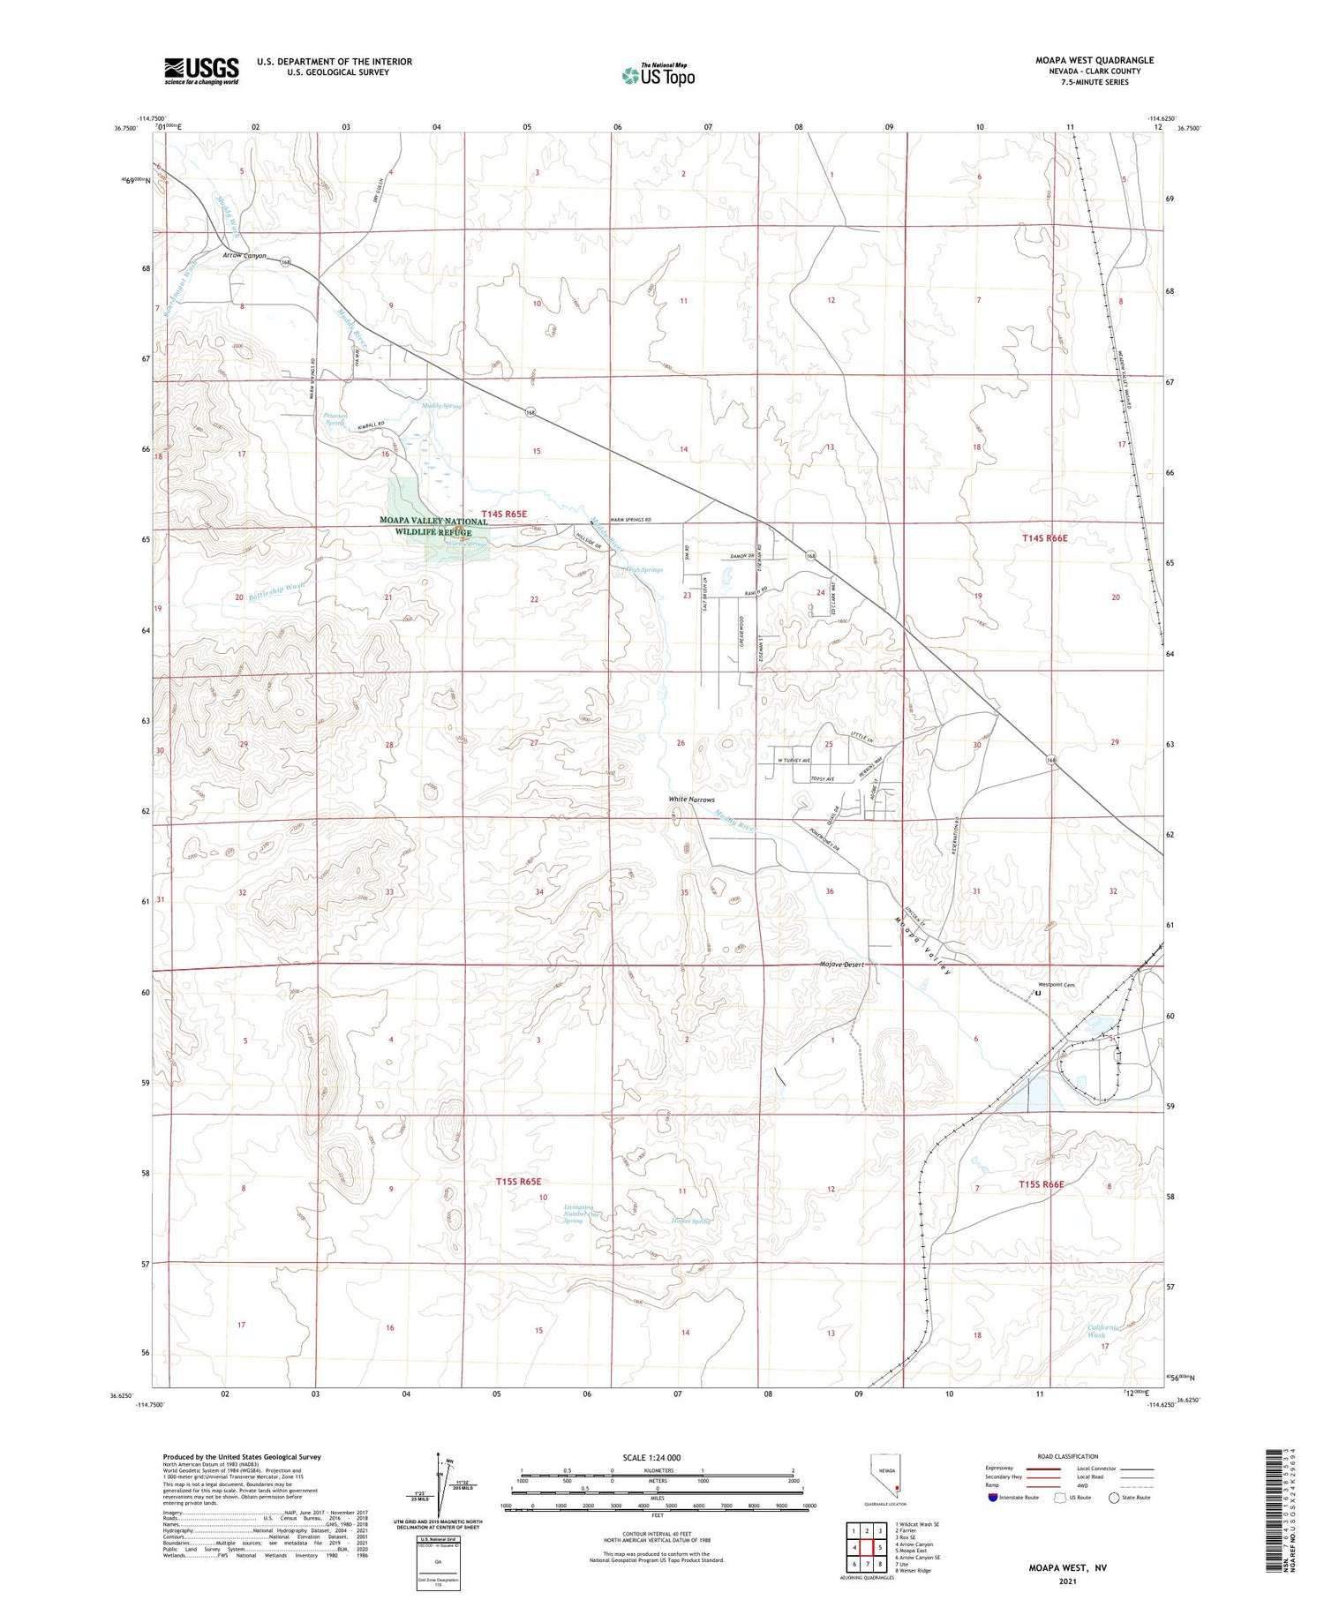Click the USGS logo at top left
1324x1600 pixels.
[201, 71]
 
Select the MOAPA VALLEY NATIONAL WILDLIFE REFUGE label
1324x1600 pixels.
[433, 527]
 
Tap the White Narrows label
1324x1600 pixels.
[691, 800]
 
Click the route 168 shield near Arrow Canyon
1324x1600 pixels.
[286, 262]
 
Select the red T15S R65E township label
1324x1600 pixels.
[518, 1181]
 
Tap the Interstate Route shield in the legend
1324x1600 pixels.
[993, 1497]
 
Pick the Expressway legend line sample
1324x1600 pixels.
[1042, 1469]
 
